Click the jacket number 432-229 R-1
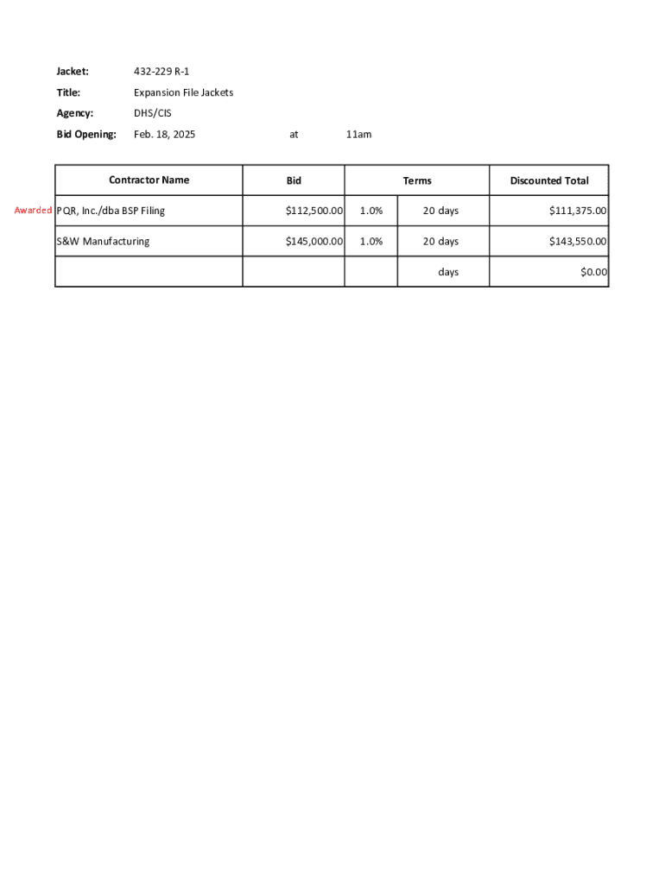tap(161, 72)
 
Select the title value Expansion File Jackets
tap(183, 92)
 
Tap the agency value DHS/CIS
tap(153, 113)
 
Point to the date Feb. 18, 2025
tap(164, 135)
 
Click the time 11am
tap(358, 135)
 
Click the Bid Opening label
tap(86, 135)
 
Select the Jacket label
tap(73, 72)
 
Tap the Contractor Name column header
tap(149, 180)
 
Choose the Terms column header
tap(417, 181)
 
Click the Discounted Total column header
tap(549, 181)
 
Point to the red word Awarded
tap(33, 211)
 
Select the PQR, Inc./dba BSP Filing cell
tap(111, 211)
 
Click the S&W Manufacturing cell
tap(103, 242)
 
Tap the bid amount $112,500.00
tap(314, 211)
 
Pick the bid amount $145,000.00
tap(314, 242)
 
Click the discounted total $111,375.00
tap(578, 211)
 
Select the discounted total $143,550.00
tap(578, 242)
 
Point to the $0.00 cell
tap(593, 272)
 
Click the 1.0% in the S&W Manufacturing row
tap(371, 242)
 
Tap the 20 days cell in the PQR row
tap(440, 211)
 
